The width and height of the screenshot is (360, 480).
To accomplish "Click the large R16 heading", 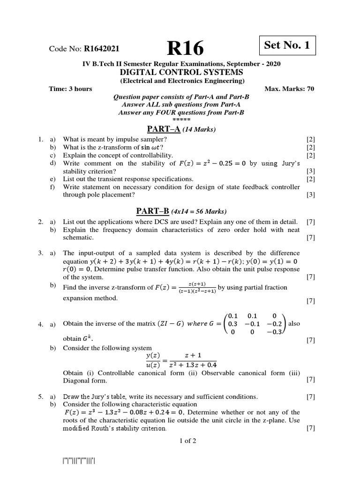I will pos(186,47).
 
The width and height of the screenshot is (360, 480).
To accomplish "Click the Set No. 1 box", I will pos(287,45).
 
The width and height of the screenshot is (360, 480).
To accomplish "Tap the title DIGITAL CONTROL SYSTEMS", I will pos(182,72).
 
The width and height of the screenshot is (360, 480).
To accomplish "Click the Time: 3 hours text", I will pos(71,89).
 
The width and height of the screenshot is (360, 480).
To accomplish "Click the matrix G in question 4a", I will pos(255,324).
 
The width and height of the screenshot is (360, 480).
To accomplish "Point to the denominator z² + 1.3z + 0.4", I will pos(193,365).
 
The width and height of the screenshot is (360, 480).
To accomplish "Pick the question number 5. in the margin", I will pos(41,397).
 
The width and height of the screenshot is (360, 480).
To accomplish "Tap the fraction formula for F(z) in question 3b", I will pos(196,287).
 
